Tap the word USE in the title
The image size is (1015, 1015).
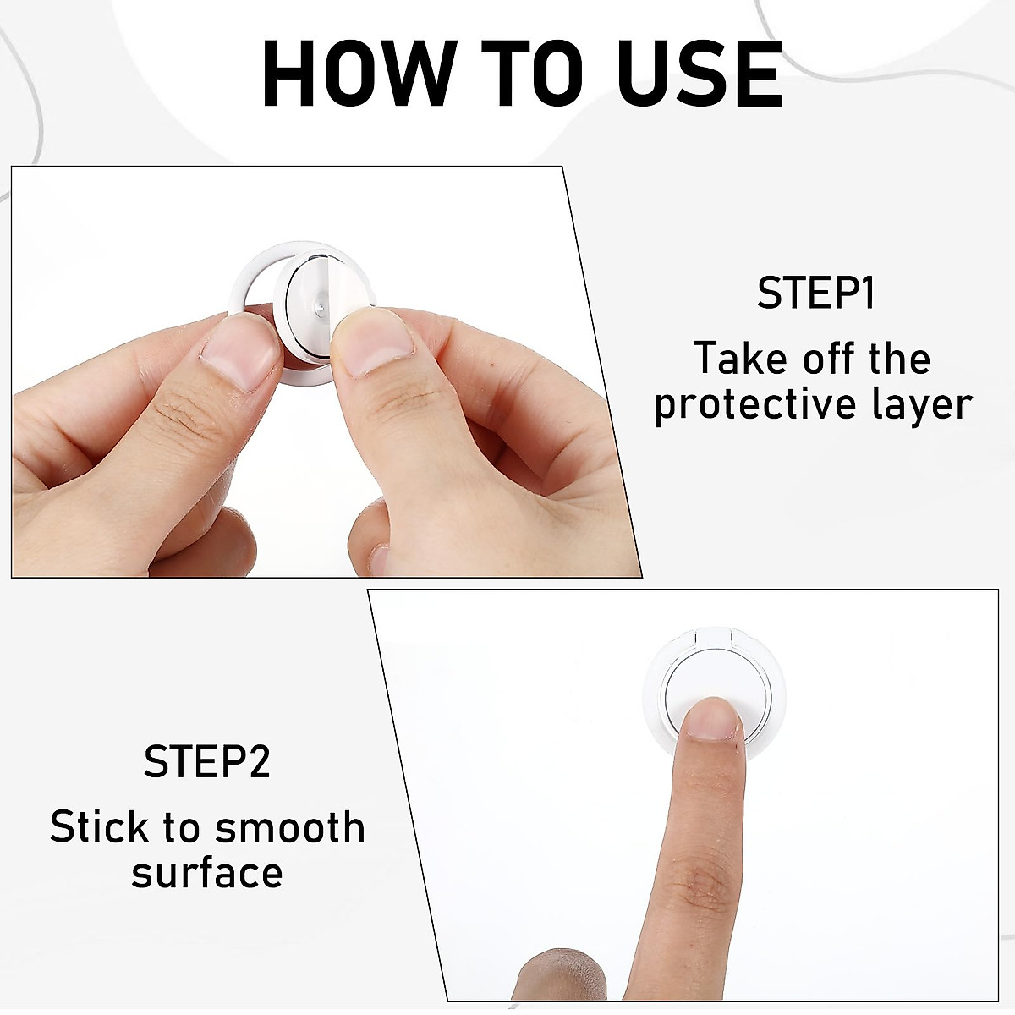tap(700, 73)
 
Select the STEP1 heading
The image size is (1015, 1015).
tap(815, 294)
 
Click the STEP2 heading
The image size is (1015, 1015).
tap(206, 761)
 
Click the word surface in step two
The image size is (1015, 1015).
tap(206, 872)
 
